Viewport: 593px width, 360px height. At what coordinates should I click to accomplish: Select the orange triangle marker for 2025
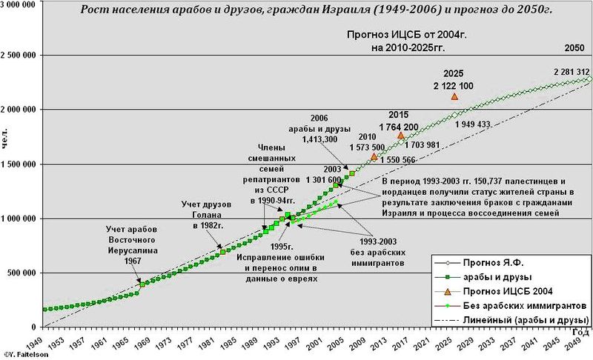[x=454, y=96]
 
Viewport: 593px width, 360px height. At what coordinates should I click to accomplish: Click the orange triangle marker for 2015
[x=401, y=135]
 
